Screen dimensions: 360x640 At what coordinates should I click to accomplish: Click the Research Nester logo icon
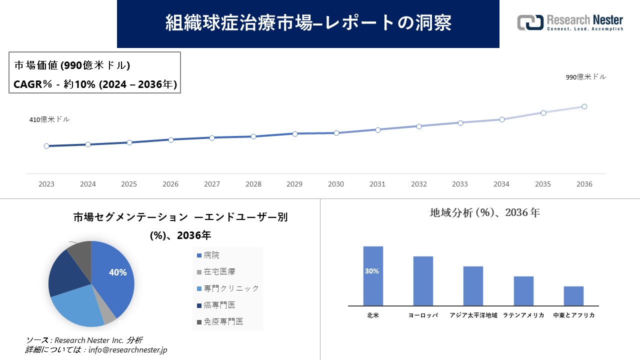point(530,22)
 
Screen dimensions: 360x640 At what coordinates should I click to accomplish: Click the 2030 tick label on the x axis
point(336,184)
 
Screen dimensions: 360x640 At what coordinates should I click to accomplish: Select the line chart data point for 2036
point(584,106)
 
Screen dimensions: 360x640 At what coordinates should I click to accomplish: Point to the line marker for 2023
point(46,146)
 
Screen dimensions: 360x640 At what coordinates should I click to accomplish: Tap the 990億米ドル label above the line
point(585,77)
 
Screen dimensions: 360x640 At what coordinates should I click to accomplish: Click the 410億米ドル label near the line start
point(49,119)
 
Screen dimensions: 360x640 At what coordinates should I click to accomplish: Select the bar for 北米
point(373,275)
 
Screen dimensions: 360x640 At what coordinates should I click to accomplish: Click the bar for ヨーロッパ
point(423,280)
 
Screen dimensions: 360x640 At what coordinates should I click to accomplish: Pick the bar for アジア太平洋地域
point(473,285)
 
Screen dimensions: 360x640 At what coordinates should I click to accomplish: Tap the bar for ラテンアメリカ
point(523,290)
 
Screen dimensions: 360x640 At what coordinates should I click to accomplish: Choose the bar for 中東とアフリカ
point(573,295)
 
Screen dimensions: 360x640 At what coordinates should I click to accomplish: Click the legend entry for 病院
point(208,255)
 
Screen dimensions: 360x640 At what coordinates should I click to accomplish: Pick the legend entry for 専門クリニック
point(228,288)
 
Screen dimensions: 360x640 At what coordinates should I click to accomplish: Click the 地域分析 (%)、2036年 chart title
point(484,212)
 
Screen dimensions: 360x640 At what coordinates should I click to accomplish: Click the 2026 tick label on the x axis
point(170,184)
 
